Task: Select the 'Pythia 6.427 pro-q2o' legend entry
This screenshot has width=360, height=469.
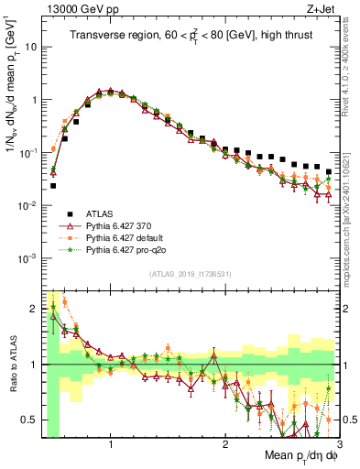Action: tap(134, 249)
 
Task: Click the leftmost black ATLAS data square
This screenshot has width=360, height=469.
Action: tap(53, 185)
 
